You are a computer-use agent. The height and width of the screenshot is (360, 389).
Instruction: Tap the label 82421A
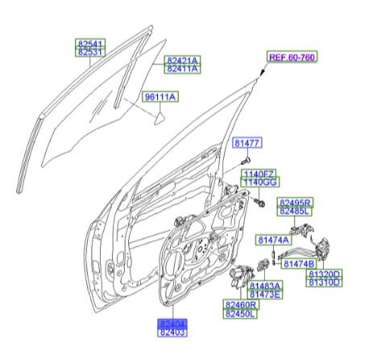(183, 60)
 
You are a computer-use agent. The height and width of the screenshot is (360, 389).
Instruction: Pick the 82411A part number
(183, 70)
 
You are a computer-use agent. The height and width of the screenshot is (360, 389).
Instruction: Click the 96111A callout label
(160, 97)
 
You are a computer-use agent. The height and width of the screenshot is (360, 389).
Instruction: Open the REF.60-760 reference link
(292, 57)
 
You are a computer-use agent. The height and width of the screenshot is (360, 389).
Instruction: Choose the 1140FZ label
(260, 174)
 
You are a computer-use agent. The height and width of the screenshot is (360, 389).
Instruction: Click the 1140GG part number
(260, 184)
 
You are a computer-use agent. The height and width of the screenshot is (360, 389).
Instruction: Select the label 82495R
(296, 201)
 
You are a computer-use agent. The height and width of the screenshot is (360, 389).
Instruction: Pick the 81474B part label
(302, 263)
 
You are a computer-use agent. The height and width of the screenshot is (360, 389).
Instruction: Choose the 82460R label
(241, 305)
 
